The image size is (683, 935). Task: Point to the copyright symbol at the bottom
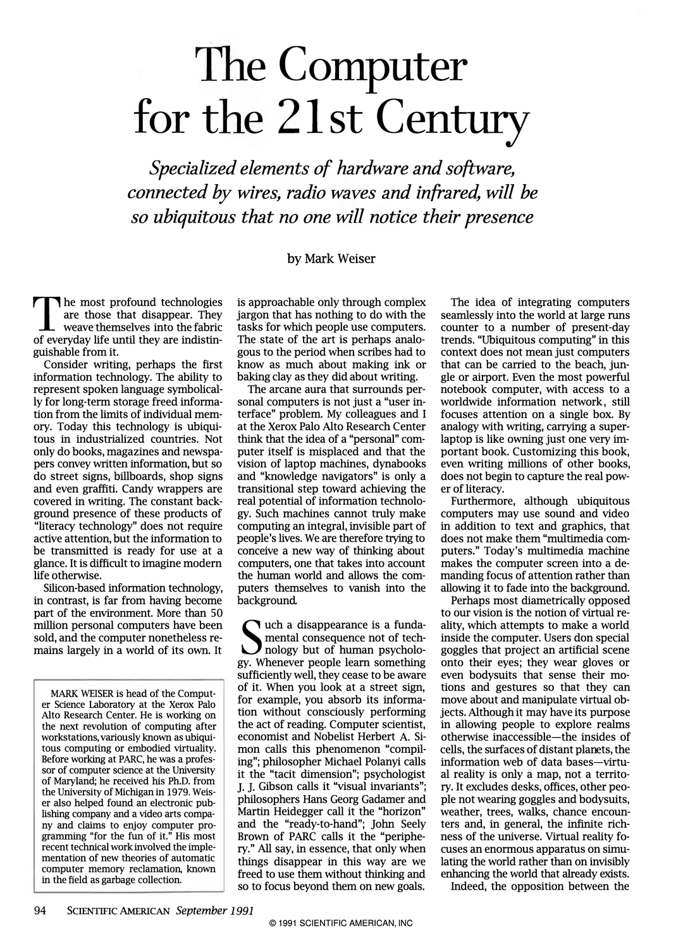click(x=273, y=923)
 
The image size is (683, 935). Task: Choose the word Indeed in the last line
click(x=469, y=886)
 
